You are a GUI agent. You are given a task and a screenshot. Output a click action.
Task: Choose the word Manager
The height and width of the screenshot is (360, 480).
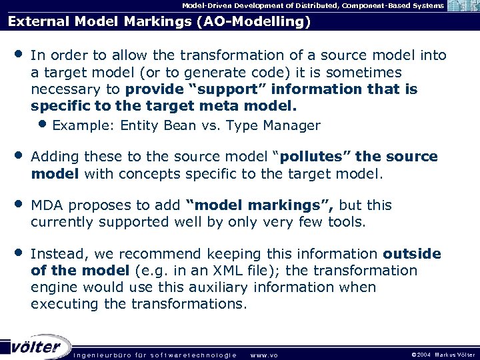click(x=291, y=125)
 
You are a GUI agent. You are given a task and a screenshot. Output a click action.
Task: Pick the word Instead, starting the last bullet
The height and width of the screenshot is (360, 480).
click(x=59, y=254)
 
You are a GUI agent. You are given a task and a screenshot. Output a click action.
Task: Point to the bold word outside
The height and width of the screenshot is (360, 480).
click(x=412, y=254)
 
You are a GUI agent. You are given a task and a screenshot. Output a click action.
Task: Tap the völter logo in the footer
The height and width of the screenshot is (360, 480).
click(x=37, y=346)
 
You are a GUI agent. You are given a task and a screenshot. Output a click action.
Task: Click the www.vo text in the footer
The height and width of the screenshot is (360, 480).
click(x=264, y=355)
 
